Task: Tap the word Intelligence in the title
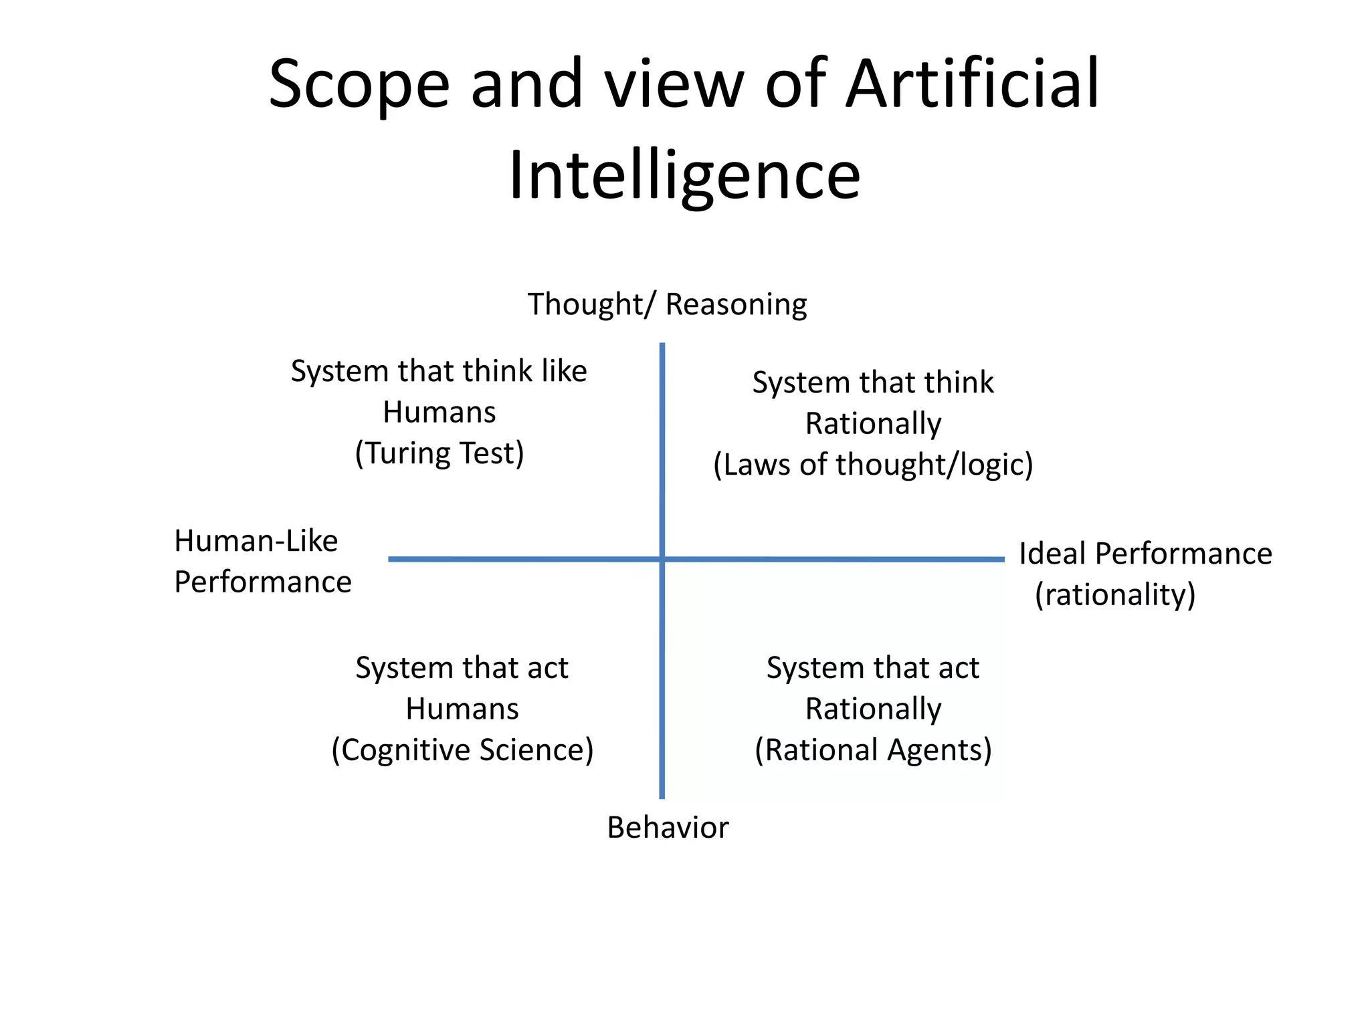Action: point(684,175)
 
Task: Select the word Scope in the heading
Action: point(359,85)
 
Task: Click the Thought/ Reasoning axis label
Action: point(667,304)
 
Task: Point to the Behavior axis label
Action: point(668,828)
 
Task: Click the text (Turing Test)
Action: point(439,453)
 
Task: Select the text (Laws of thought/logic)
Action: point(873,465)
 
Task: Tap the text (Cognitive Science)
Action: point(462,750)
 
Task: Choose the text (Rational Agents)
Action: point(873,750)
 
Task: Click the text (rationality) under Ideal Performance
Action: point(1115,594)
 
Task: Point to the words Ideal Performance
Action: point(1145,554)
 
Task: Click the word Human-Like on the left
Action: point(256,541)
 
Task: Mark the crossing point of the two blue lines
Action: point(662,559)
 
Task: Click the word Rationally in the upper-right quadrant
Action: point(873,424)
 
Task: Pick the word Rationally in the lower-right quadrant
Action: point(873,709)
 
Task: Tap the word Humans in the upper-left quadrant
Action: point(439,413)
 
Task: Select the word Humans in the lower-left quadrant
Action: point(462,709)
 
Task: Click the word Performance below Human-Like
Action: point(263,582)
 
